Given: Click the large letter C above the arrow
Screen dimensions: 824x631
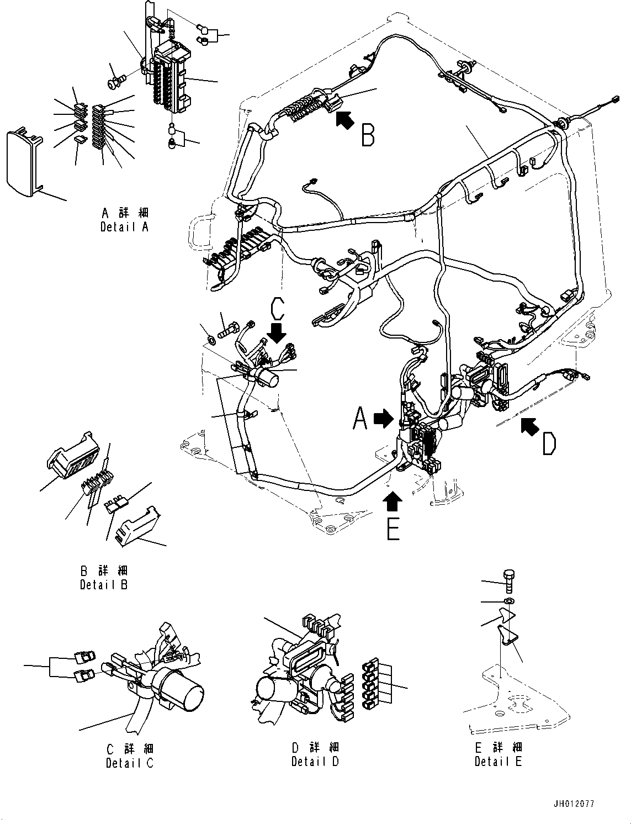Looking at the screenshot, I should (277, 310).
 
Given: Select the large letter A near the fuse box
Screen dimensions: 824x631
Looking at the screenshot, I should (360, 418).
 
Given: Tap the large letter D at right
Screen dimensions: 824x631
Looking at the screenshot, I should (548, 443).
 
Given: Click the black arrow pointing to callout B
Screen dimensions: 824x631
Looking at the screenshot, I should (344, 120).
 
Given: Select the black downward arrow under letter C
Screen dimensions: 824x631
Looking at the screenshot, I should (277, 333).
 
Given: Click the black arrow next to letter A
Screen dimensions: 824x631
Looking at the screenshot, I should (383, 420).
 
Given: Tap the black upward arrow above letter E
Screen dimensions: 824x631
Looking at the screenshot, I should (393, 501).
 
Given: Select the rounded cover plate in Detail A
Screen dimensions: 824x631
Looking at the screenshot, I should (24, 163).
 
